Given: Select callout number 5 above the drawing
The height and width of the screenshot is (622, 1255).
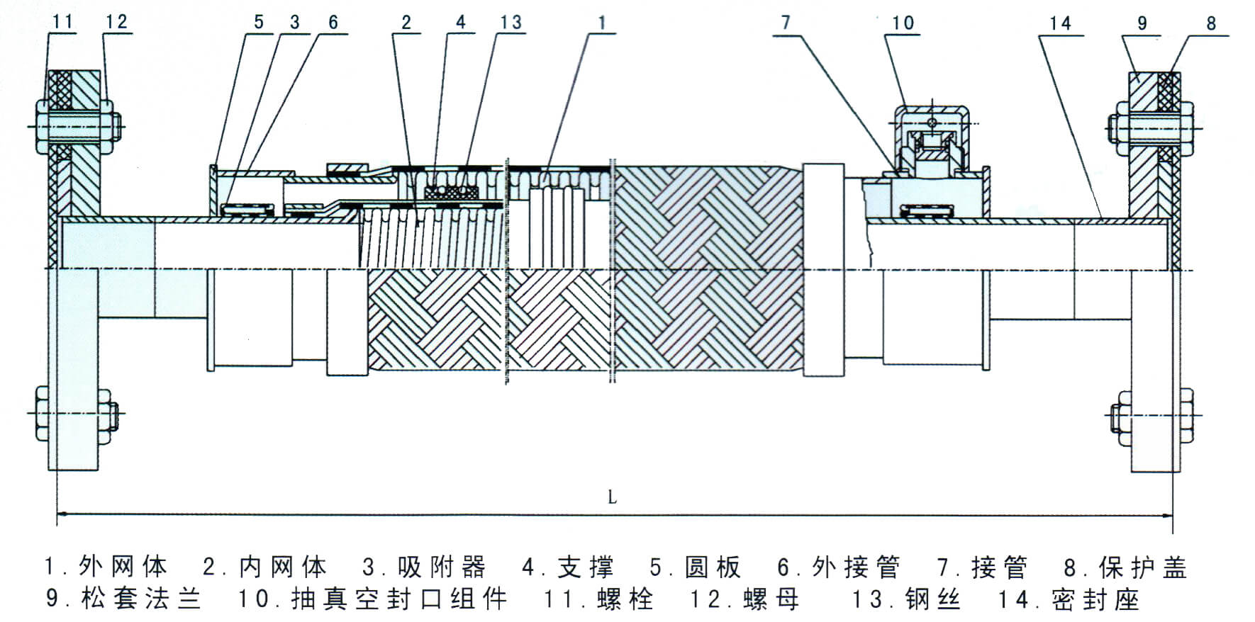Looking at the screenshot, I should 258,22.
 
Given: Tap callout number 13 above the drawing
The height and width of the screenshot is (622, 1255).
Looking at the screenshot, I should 511,22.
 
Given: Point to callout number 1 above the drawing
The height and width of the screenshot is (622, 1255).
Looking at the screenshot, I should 602,22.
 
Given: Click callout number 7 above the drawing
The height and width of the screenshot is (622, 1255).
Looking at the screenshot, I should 785,22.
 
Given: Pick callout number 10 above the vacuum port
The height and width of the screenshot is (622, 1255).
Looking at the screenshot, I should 903,23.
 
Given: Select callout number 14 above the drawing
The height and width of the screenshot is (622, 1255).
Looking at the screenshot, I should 1060,23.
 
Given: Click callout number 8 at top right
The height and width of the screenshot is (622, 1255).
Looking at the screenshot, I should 1211,23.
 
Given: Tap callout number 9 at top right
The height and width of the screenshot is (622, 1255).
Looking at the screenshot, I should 1142,23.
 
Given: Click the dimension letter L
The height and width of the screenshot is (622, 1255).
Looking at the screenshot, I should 612,497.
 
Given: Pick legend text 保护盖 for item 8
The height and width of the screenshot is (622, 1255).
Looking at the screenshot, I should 1143,567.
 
